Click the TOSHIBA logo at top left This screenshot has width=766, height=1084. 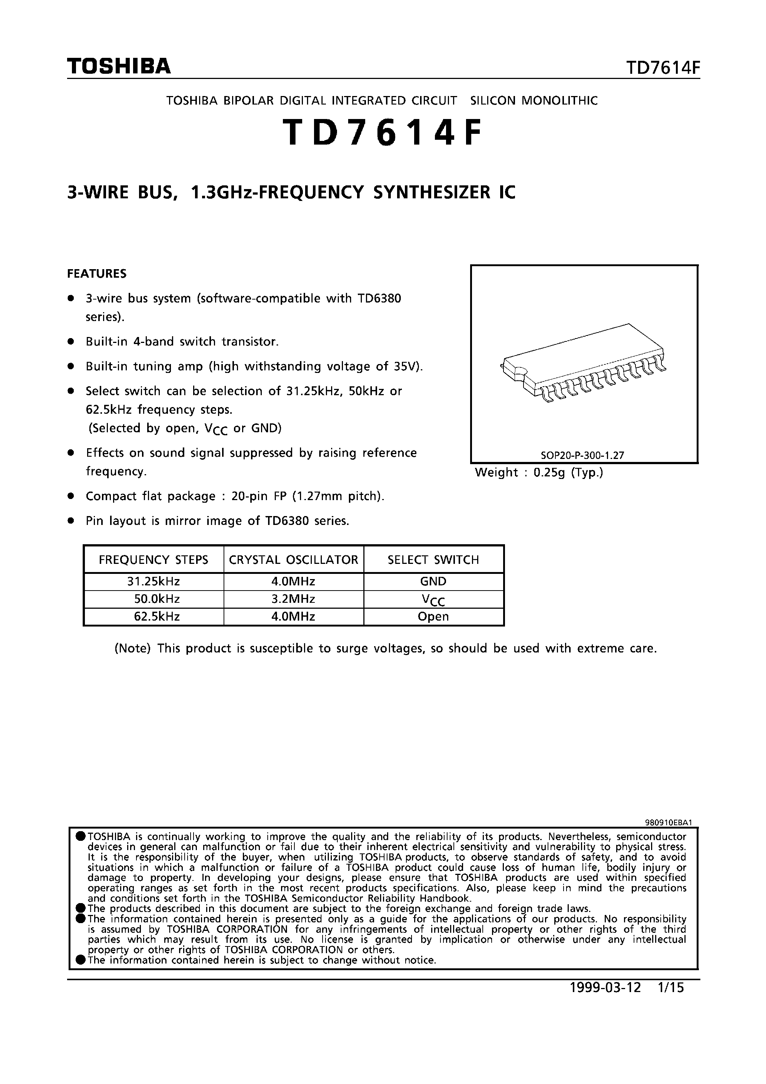119,66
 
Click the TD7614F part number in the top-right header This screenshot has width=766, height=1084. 663,69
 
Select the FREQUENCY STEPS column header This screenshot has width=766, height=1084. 153,560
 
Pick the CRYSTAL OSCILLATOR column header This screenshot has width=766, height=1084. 293,560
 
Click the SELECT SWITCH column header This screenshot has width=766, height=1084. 433,560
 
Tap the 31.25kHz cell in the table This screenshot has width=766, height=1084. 153,582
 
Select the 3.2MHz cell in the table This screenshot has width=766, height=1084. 293,599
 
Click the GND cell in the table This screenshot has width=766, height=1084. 433,582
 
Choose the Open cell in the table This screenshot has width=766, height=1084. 433,617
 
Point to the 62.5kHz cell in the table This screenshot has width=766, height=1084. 153,617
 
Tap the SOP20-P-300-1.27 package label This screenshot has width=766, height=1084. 582,456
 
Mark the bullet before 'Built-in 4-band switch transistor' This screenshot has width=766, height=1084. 71,341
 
